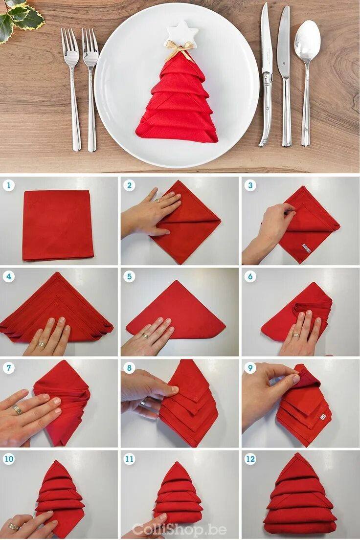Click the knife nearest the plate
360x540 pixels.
click(266, 74)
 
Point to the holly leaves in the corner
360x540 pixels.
click(20, 19)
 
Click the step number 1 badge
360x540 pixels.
click(9, 186)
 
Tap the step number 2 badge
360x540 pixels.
click(129, 186)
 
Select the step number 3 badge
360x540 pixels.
click(250, 186)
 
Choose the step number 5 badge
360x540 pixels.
click(129, 276)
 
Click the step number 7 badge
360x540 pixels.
click(9, 368)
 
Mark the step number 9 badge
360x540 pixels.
click(250, 368)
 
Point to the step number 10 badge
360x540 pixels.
click(9, 459)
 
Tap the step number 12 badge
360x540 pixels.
click(250, 459)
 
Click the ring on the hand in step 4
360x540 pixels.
click(42, 344)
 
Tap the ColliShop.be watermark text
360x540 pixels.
click(179, 529)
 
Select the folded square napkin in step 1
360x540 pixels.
click(58, 225)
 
